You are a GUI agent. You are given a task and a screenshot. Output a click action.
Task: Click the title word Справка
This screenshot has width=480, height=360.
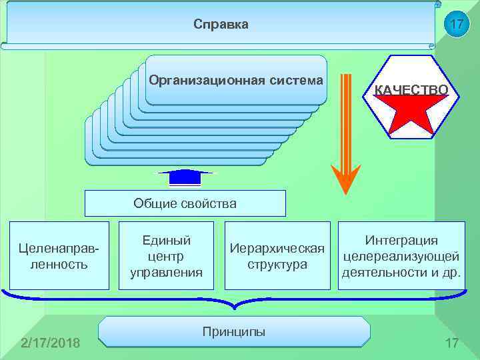pyautogui.click(x=221, y=25)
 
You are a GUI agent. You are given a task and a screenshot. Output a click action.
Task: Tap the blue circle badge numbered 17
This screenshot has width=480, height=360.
pyautogui.click(x=456, y=25)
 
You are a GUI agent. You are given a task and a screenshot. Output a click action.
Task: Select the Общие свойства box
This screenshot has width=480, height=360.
pyautogui.click(x=185, y=203)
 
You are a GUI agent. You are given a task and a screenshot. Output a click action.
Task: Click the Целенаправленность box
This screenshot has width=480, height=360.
pyautogui.click(x=55, y=256)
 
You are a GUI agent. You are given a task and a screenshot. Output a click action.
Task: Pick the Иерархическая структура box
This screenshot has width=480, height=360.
pyautogui.click(x=277, y=256)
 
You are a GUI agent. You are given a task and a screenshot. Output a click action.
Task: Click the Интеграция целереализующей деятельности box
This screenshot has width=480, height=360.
pyautogui.click(x=400, y=256)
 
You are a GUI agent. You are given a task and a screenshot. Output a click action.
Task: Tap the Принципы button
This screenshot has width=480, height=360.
pyautogui.click(x=233, y=331)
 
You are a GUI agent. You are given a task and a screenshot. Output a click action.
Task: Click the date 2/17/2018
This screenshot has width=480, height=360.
pyautogui.click(x=51, y=343)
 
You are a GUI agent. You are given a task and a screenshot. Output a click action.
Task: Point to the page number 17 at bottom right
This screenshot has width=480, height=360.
pyautogui.click(x=452, y=343)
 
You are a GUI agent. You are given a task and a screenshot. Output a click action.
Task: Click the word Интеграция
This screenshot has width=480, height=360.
pyautogui.click(x=401, y=241)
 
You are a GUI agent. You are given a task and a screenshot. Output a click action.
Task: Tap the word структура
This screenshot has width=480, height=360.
pyautogui.click(x=277, y=264)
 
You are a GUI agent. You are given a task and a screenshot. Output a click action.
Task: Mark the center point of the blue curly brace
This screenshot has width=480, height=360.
pyautogui.click(x=233, y=305)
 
